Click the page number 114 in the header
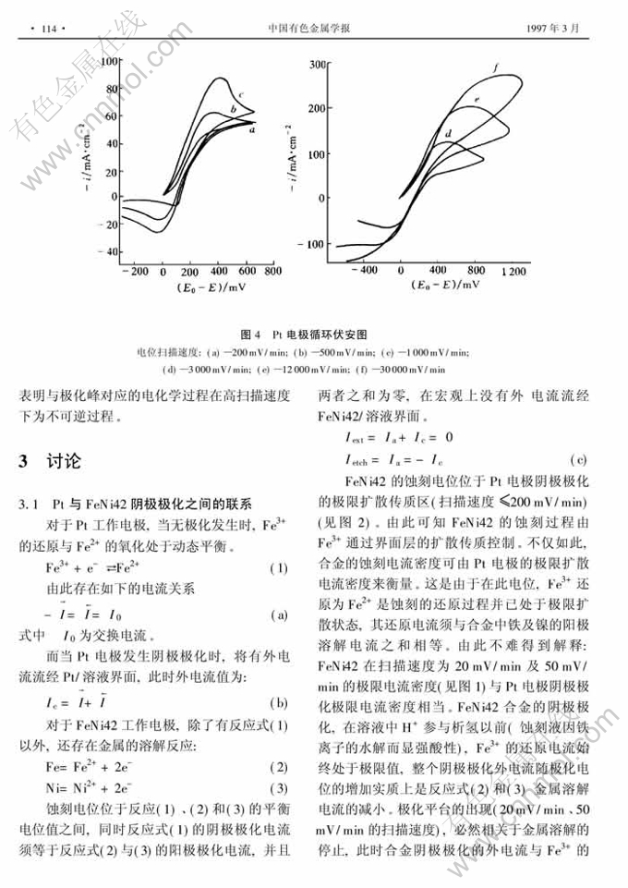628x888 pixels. tap(43, 29)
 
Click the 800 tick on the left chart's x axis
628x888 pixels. tap(272, 273)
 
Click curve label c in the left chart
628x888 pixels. tap(240, 94)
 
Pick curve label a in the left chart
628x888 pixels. tap(251, 130)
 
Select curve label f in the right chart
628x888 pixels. tap(497, 68)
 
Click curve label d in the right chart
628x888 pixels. tap(448, 135)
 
